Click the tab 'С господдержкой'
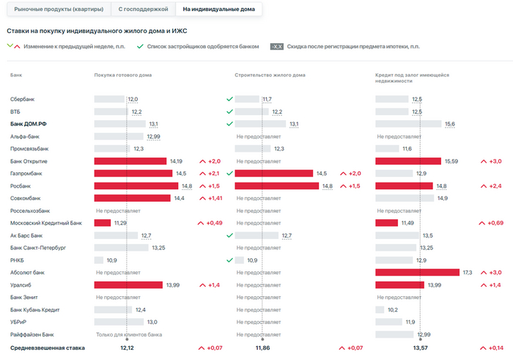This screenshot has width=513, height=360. coord(144,9)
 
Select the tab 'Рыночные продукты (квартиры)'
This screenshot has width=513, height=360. coord(59,9)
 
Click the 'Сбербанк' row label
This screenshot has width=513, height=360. coord(23,99)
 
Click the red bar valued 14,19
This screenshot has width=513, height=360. coord(130,161)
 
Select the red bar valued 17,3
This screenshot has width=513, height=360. coord(417,272)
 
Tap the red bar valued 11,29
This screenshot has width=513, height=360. coord(103,223)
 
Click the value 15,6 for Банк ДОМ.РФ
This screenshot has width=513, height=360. coord(450,124)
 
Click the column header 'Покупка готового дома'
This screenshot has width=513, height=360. coord(123,76)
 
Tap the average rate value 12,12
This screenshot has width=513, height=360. coord(127,348)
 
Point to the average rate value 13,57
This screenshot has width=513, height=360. coord(421,348)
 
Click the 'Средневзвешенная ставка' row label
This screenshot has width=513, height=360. coord(43,348)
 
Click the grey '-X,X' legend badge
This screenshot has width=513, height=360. coord(277,46)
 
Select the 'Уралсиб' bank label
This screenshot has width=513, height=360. coord(21,284)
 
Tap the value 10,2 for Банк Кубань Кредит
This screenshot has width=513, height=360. coord(393,309)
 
